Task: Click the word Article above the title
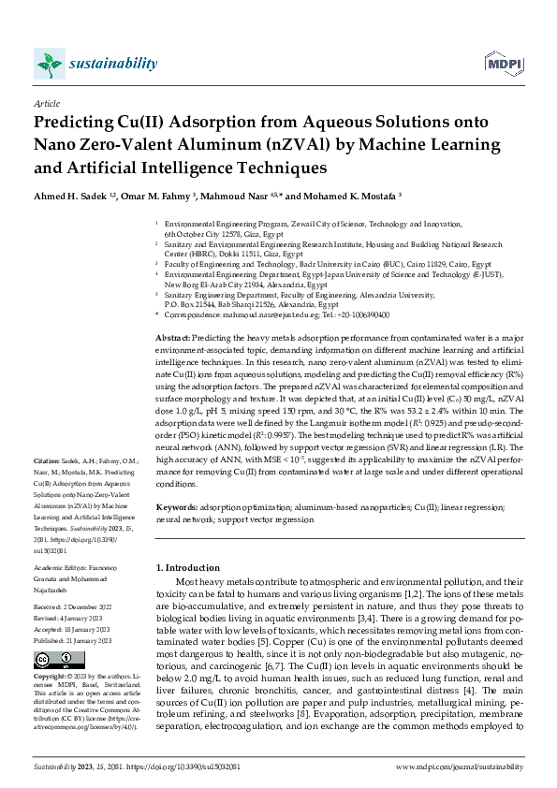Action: pyautogui.click(x=46, y=105)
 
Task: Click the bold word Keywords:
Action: pyautogui.click(x=176, y=506)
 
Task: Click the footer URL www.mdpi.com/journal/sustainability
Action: pyautogui.click(x=459, y=766)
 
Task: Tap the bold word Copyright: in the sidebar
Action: pyautogui.click(x=52, y=676)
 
